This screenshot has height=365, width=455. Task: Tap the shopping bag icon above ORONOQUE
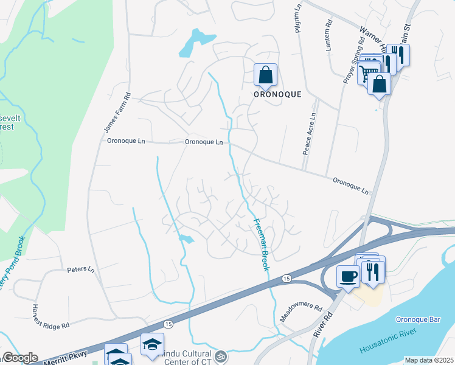[x=266, y=75]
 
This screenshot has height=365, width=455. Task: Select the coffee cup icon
[x=348, y=277]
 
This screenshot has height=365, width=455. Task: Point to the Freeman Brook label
[x=262, y=245]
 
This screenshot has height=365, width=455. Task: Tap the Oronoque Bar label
[x=417, y=319]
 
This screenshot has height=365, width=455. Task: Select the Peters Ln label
[x=81, y=269]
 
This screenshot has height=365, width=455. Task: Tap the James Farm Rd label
[x=109, y=113]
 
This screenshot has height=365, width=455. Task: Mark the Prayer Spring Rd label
[x=354, y=59]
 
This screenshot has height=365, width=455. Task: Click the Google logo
[x=19, y=358]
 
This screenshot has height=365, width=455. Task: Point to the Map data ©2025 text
[x=428, y=360]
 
